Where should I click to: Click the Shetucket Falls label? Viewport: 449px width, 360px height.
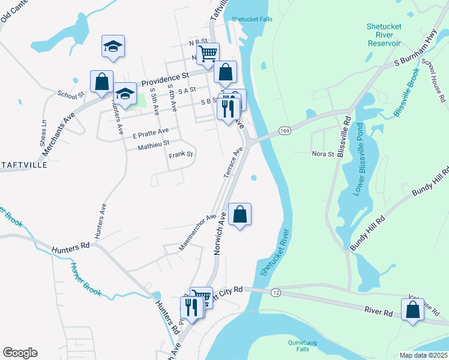[252, 19]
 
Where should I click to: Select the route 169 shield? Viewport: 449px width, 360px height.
[285, 130]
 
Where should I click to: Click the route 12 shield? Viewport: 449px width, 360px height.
[276, 292]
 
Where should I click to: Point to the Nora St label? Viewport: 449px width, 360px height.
[322, 154]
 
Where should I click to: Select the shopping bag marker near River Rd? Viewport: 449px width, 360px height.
[412, 310]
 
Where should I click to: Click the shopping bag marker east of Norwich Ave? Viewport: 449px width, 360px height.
[240, 214]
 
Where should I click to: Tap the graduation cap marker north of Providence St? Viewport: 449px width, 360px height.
[112, 46]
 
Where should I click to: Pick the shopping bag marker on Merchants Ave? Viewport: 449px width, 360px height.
[102, 81]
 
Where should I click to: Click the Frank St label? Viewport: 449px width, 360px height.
[180, 154]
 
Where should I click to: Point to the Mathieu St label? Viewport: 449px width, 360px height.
[154, 144]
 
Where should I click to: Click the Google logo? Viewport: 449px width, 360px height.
[20, 353]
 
